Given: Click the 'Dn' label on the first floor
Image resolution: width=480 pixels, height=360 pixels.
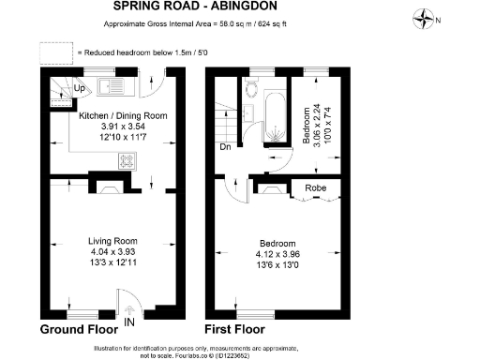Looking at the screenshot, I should (x=224, y=146).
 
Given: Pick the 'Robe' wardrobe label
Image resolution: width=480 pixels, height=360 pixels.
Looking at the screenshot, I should (x=316, y=187).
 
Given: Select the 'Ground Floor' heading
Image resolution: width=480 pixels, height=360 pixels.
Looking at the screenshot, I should (x=79, y=330).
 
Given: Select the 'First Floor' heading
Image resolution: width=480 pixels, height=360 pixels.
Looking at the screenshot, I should (x=235, y=330).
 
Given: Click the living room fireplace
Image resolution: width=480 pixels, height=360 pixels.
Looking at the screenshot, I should (x=111, y=187).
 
